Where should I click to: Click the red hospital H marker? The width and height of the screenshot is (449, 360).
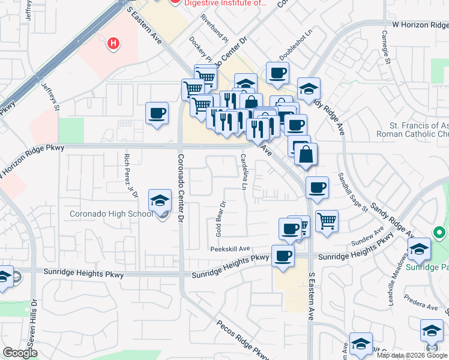coord(112,43)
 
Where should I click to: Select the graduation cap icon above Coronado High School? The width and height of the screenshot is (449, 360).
coord(160,201)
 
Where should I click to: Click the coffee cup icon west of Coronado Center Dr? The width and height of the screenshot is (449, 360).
coord(157,113)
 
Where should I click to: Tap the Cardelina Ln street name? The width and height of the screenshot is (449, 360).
coord(244,171)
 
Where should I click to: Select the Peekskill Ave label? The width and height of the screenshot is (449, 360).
coord(229,249)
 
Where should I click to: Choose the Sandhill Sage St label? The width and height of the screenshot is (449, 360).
coord(353,191)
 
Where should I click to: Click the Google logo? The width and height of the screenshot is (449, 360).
coord(20,353)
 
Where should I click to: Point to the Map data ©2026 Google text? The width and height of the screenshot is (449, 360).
coord(412,355)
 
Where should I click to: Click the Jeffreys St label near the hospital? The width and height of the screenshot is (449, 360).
coord(51,97)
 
